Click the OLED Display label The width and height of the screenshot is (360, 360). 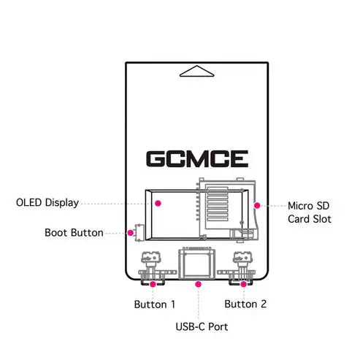(x=47, y=202)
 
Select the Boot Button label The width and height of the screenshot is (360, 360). (x=73, y=234)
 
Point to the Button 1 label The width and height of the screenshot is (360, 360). (x=154, y=304)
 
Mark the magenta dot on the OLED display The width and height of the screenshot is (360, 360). (x=156, y=202)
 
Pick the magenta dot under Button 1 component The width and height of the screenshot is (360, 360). (x=152, y=283)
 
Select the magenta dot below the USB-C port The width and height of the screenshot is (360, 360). (x=197, y=283)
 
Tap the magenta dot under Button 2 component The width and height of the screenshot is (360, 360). (x=242, y=283)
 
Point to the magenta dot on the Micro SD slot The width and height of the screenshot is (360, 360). (x=256, y=205)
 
